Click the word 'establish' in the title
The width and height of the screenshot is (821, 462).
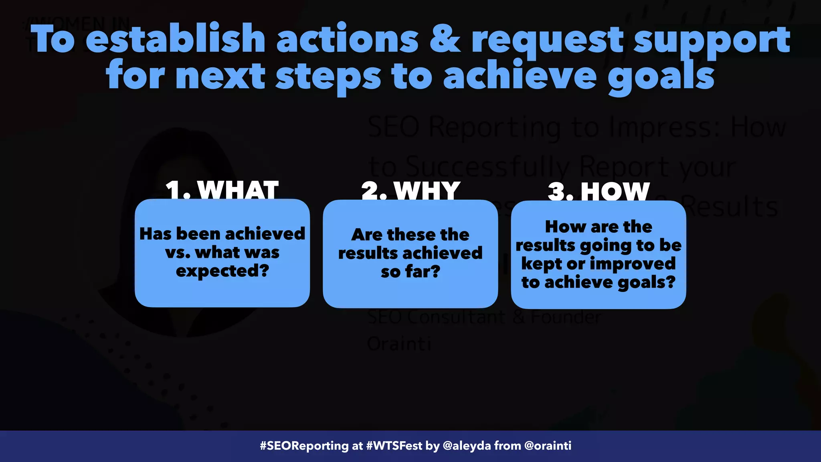pyautogui.click(x=175, y=39)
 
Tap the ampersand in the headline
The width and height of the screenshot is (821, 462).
pyautogui.click(x=444, y=39)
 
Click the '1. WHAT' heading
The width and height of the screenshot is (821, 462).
pyautogui.click(x=222, y=190)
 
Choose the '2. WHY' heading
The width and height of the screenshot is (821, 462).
pyautogui.click(x=410, y=191)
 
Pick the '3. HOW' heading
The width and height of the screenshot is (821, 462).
pyautogui.click(x=599, y=192)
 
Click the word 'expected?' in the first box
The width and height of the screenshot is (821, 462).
pyautogui.click(x=222, y=271)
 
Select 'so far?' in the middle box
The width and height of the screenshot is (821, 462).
pyautogui.click(x=410, y=272)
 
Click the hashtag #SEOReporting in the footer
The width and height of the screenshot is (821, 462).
pyautogui.click(x=304, y=446)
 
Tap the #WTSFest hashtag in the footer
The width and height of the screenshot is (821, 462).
pyautogui.click(x=394, y=446)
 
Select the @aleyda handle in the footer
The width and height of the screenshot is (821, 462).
pyautogui.click(x=467, y=446)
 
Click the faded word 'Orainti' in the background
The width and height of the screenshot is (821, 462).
pyautogui.click(x=399, y=344)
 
